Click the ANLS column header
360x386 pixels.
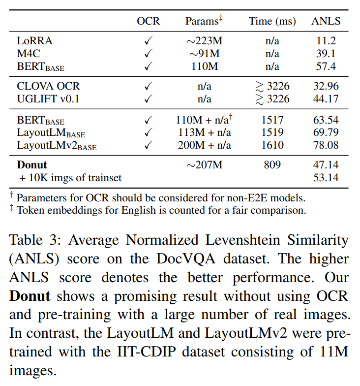pyautogui.click(x=326, y=21)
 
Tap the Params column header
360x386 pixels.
pyautogui.click(x=204, y=21)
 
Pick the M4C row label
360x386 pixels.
pyautogui.click(x=29, y=54)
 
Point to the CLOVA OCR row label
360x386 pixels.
pyautogui.click(x=48, y=87)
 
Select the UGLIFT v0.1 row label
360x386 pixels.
pyautogui.click(x=48, y=99)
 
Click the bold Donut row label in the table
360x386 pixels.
pyautogui.click(x=32, y=165)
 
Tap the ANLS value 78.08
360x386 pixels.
pyautogui.click(x=326, y=145)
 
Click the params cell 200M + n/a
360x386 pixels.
pyautogui.click(x=204, y=145)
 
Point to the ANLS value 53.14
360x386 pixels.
pyautogui.click(x=326, y=177)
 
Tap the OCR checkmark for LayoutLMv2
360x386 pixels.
pyautogui.click(x=148, y=145)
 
